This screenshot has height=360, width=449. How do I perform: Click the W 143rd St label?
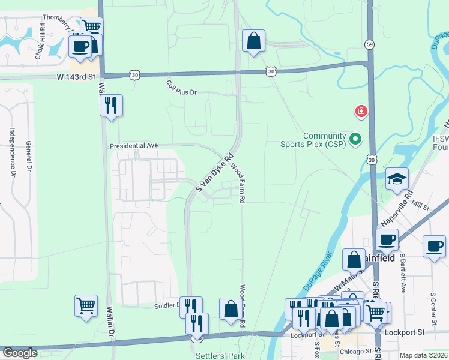point(76,77)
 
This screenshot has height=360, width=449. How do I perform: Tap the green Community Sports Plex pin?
point(355,139)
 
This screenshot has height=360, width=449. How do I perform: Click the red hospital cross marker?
point(361,111)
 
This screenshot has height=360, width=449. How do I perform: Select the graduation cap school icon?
point(397,179)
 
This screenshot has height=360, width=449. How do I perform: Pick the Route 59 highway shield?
point(369,44)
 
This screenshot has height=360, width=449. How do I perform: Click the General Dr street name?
point(28,155)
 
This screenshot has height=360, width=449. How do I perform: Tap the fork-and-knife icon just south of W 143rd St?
point(112,106)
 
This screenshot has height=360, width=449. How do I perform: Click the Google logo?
point(20,353)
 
